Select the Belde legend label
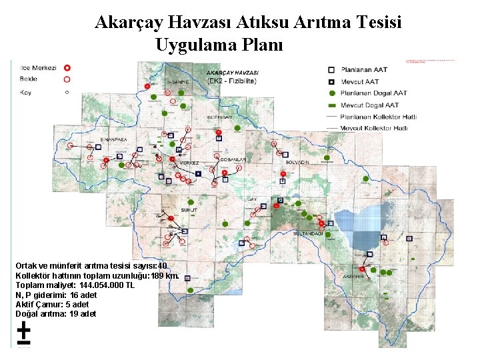point(29,79)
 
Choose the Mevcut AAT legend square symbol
point(331,81)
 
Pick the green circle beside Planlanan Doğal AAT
point(331,93)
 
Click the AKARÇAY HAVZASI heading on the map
point(233,72)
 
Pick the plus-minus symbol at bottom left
point(23,332)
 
